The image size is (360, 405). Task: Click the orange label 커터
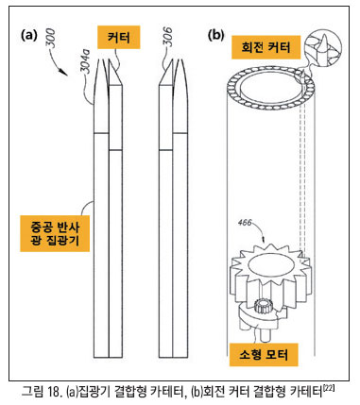click(119, 38)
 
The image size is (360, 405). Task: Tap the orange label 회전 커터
click(266, 47)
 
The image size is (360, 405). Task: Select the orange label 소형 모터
click(264, 355)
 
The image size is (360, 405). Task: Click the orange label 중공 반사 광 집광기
click(55, 233)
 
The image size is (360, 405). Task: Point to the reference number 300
click(50, 39)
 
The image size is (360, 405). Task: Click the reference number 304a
click(86, 62)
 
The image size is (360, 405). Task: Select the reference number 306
click(168, 37)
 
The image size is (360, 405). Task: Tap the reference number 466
click(245, 223)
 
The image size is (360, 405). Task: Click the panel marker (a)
click(29, 35)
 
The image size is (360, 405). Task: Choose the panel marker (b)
click(216, 35)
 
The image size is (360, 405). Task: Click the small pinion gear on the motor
click(262, 306)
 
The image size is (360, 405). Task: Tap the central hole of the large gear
click(270, 265)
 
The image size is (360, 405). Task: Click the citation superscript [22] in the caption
click(329, 388)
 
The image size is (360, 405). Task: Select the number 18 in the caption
click(55, 392)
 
